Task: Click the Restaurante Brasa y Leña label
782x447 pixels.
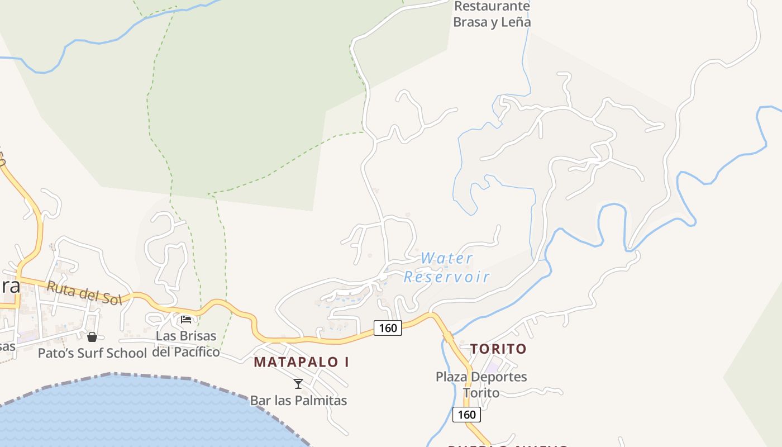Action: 492,14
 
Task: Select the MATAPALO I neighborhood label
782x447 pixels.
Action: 302,362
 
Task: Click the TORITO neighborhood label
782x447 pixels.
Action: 498,349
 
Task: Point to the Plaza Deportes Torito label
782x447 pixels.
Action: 481,384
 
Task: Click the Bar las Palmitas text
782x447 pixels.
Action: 298,401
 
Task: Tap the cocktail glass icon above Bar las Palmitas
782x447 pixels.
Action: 298,384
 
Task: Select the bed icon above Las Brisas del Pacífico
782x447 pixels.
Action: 186,320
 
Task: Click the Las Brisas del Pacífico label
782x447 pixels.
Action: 186,344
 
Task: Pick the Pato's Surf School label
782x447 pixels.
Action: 92,353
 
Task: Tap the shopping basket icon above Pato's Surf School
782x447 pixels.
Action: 92,337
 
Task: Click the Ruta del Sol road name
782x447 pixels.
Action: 84,293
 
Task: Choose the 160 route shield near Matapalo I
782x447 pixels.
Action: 388,328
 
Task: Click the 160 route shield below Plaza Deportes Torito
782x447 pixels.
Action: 466,415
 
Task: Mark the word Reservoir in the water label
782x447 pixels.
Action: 447,277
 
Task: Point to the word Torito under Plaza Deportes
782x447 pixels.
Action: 481,393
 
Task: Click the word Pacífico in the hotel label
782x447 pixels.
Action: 197,353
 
